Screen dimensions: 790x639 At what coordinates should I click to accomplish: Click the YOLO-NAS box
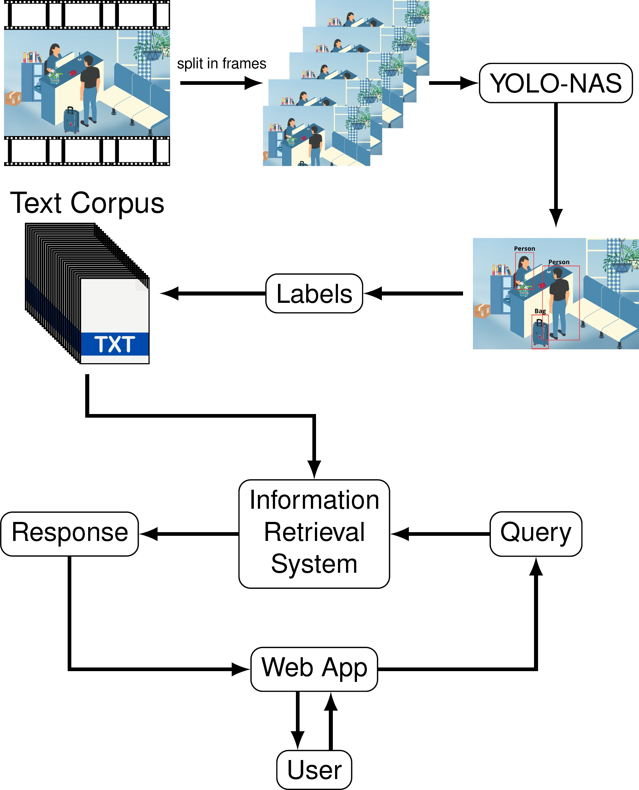coord(556,83)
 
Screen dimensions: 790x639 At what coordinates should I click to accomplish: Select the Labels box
coord(314,294)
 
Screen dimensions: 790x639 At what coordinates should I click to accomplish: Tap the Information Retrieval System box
coord(314,534)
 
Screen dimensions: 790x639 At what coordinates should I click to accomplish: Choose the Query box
coord(535,534)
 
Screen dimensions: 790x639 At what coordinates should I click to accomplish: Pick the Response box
coord(69,534)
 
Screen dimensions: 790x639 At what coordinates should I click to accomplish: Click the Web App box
coord(314,669)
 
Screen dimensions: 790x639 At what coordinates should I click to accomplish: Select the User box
coord(314,770)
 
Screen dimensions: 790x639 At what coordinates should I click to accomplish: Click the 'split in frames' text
coord(221,64)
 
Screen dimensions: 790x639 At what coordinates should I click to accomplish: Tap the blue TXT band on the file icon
coord(115,344)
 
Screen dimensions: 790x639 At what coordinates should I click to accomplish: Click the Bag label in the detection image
coord(540,311)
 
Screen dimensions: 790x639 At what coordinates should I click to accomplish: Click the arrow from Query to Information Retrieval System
coord(440,534)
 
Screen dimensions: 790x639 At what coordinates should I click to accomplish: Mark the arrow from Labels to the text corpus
coord(214,294)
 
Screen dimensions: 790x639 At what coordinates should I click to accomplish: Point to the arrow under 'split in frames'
coord(221,83)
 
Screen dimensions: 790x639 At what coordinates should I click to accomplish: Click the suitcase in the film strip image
coord(71,120)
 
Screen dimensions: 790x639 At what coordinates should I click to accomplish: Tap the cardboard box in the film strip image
coord(13,98)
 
